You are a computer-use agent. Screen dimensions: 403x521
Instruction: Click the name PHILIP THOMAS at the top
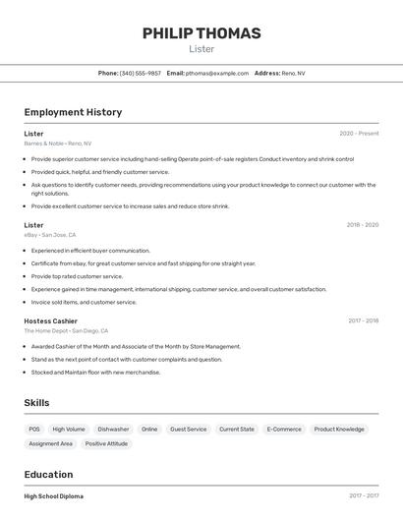point(201,33)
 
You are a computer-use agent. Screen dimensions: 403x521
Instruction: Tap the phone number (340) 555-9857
point(141,73)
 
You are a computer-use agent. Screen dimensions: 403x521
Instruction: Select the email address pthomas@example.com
point(217,73)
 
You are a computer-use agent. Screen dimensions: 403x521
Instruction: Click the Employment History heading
point(73,112)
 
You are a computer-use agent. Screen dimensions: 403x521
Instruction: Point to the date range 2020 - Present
point(359,134)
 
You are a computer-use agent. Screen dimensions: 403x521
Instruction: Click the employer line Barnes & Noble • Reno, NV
point(57,144)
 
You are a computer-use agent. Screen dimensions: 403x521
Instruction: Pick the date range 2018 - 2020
point(362,225)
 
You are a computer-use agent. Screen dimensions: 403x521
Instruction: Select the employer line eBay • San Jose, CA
point(50,235)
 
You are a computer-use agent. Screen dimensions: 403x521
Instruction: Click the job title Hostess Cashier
point(51,321)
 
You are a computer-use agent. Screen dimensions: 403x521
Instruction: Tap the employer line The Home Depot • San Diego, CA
point(66,331)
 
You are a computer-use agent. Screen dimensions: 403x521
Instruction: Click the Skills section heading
point(36,403)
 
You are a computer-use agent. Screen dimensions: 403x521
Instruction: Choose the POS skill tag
point(34,430)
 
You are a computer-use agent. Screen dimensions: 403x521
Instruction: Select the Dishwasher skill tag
point(113,430)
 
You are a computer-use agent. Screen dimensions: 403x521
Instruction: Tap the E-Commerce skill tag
point(285,430)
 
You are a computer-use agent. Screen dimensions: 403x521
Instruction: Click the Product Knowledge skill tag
point(339,430)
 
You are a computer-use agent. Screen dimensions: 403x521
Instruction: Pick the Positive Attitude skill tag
point(106,444)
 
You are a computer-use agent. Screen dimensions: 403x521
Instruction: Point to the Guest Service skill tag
point(189,430)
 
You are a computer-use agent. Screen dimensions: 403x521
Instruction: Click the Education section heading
point(48,474)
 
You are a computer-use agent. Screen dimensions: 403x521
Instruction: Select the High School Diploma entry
point(54,496)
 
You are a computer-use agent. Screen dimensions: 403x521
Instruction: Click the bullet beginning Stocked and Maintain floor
point(95,373)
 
